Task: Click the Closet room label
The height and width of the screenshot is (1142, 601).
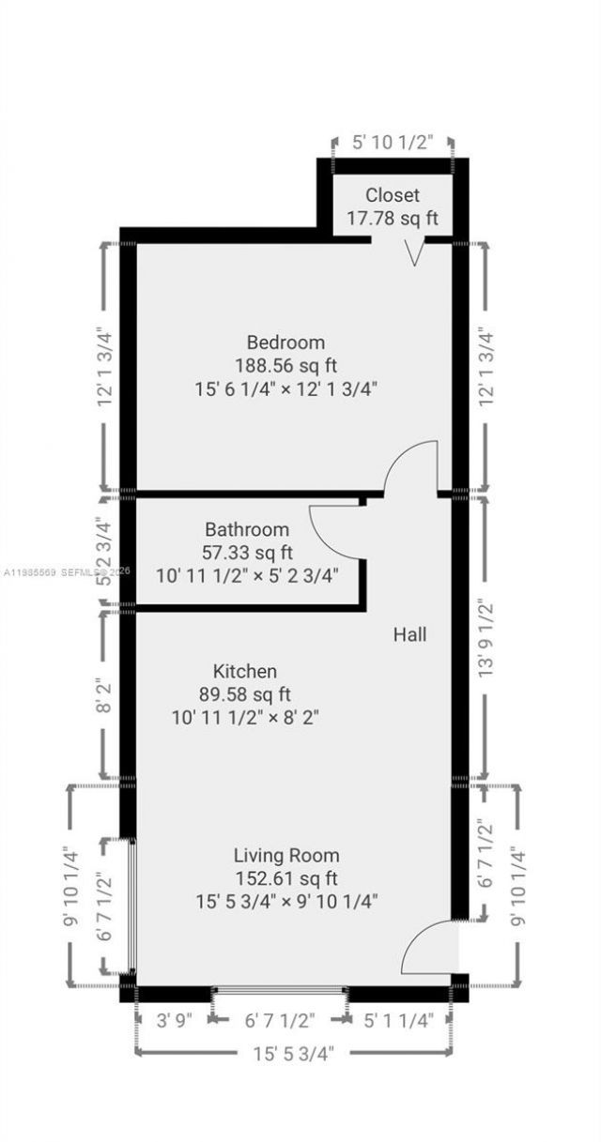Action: pyautogui.click(x=393, y=195)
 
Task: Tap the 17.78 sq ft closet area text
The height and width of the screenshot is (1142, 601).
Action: pyautogui.click(x=393, y=219)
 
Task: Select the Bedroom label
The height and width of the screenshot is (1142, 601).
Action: pyautogui.click(x=285, y=342)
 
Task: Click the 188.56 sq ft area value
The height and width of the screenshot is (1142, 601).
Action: pyautogui.click(x=285, y=364)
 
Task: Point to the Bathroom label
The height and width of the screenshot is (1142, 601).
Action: pyautogui.click(x=247, y=529)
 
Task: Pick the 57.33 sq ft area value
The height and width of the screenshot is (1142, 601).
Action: pyautogui.click(x=247, y=552)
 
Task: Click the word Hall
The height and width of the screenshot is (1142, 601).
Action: pyautogui.click(x=409, y=635)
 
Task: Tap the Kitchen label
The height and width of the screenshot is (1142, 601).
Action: pyautogui.click(x=245, y=671)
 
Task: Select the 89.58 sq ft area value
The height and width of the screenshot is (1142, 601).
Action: pyautogui.click(x=245, y=694)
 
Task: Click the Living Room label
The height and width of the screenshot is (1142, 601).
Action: pyautogui.click(x=286, y=856)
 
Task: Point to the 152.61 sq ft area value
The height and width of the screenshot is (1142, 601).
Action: pyautogui.click(x=286, y=878)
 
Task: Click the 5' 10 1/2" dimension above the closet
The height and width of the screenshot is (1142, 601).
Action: pyautogui.click(x=393, y=143)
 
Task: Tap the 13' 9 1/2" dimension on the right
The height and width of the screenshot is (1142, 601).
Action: pyautogui.click(x=485, y=638)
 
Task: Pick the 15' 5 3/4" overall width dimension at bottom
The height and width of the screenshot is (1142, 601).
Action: pyautogui.click(x=291, y=1051)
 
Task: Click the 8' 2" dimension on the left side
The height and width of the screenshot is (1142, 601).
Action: pyautogui.click(x=104, y=694)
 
